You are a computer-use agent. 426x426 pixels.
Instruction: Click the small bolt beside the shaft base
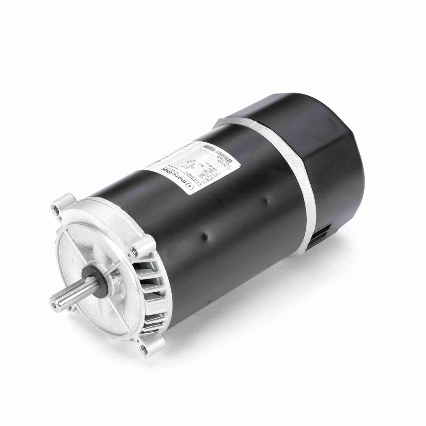click(x=115, y=279)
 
